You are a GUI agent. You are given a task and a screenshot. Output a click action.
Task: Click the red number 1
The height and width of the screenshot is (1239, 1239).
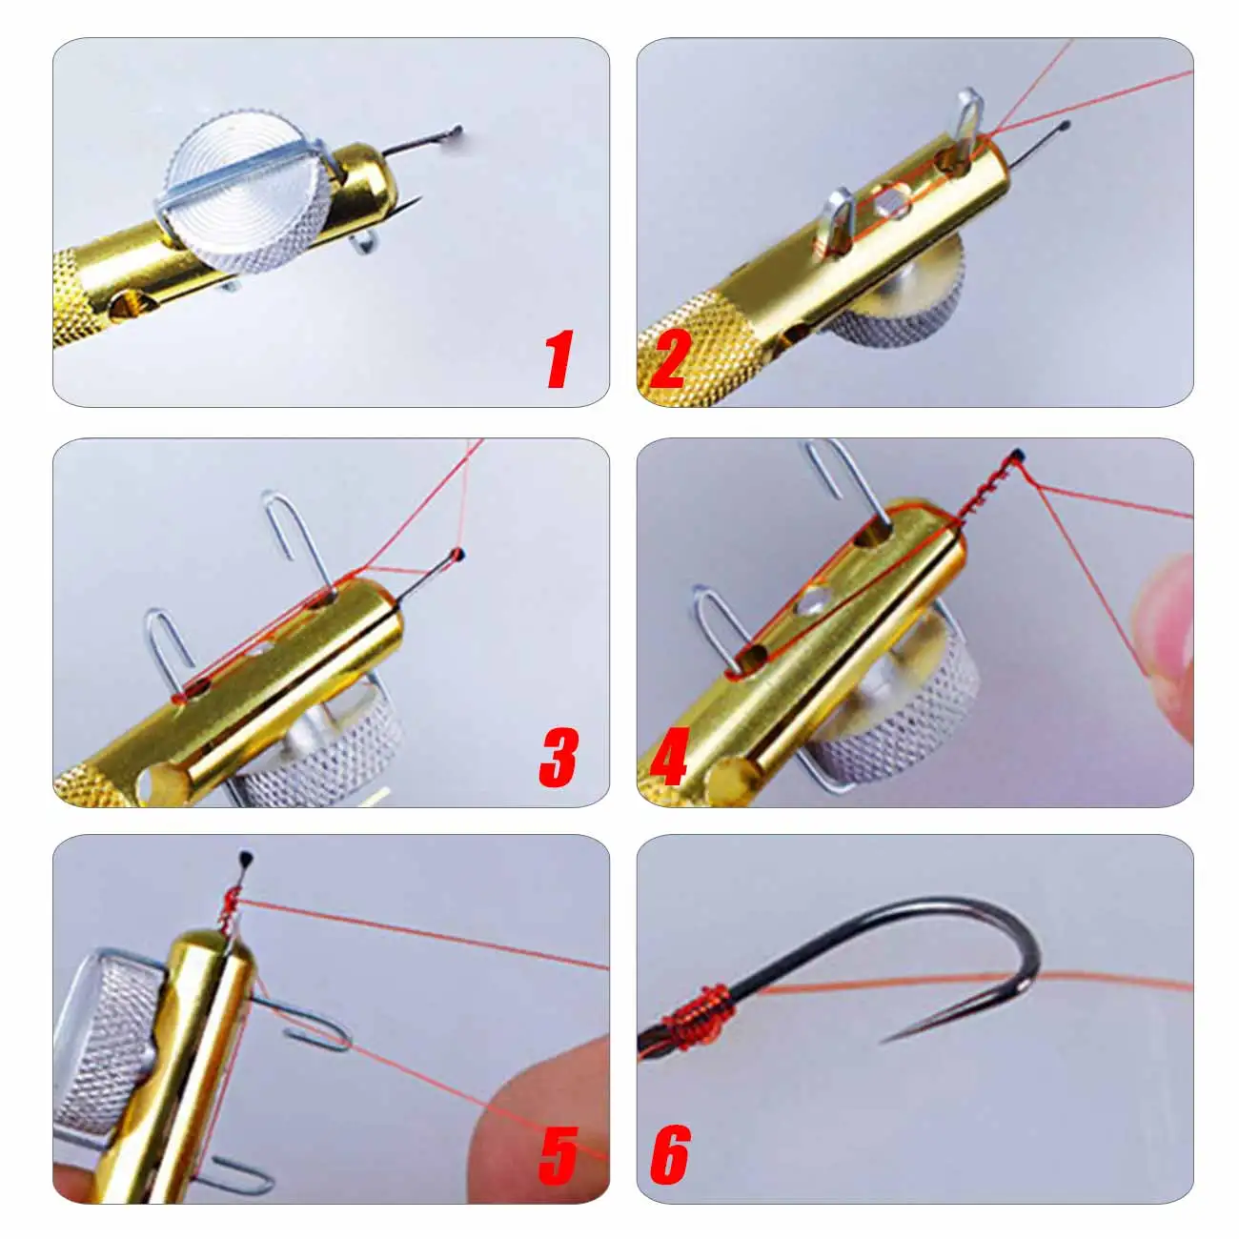point(559,359)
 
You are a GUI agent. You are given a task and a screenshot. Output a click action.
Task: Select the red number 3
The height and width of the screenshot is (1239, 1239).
point(559,759)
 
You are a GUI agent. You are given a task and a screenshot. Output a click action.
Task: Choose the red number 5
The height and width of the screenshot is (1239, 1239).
point(559,1155)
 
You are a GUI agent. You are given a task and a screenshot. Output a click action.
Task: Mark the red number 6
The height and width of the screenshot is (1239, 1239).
point(670,1155)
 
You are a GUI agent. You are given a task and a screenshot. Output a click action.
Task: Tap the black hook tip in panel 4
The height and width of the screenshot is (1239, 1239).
point(1019,455)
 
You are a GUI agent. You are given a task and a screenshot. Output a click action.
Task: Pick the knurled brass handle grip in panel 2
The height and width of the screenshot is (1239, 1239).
point(681,357)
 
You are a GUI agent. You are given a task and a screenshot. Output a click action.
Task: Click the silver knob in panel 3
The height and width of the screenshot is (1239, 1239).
point(324,753)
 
